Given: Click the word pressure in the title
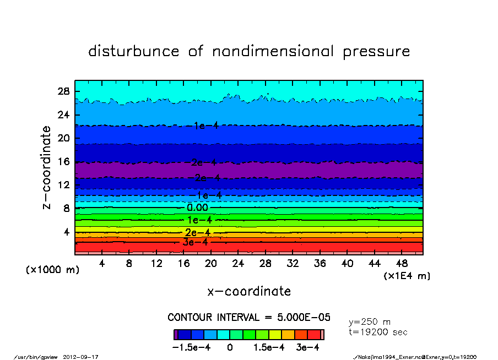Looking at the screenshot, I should coord(377,52).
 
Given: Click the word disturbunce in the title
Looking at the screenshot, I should coord(134,52).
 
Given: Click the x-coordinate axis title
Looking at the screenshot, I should coord(249,291).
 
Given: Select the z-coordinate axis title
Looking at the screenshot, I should coord(47,167).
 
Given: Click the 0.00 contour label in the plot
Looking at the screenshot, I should coord(197,208).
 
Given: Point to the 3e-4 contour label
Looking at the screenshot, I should coord(196,242).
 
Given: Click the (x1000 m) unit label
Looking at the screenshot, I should coord(52,270).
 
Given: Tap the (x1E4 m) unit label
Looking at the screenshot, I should coord(407,276).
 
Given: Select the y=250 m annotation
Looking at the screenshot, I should coord(370,322).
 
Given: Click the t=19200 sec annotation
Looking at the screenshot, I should coord(378,332).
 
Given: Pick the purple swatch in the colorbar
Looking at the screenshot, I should coord(175,334).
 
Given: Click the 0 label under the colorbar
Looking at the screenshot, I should coord(230,347).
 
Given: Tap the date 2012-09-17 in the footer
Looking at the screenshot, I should coord(85,357).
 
